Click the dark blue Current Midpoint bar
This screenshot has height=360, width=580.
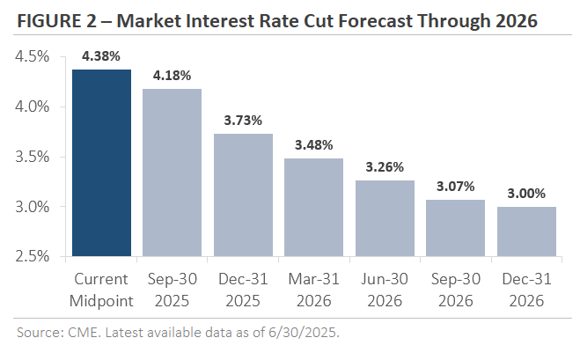point(101,163)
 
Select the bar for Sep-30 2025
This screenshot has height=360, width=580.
point(173,173)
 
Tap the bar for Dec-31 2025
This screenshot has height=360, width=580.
point(243,195)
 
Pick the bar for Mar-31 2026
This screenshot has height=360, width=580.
point(314,208)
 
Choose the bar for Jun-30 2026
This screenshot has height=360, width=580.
point(385,218)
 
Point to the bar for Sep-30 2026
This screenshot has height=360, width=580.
point(456,228)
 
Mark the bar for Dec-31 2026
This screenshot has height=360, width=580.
point(526,231)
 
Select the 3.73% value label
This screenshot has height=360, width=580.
point(243,121)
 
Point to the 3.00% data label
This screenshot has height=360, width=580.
point(526,194)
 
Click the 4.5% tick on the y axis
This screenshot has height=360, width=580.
point(33,56)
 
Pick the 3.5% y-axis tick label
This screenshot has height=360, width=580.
point(33,157)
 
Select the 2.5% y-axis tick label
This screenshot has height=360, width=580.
point(33,257)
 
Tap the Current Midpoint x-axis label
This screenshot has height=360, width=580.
point(101,290)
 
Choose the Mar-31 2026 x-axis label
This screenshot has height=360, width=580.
point(314,290)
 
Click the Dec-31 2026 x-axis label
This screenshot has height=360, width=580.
point(526,290)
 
